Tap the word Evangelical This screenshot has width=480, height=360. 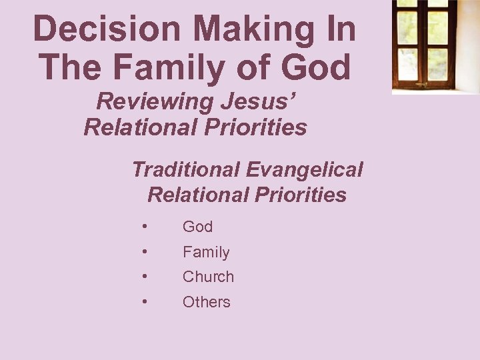(304, 170)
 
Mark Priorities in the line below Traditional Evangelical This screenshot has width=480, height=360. (301, 195)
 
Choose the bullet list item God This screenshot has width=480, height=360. (197, 227)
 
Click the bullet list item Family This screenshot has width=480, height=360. (206, 252)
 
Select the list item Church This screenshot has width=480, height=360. (208, 277)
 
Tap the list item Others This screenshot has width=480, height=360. (206, 302)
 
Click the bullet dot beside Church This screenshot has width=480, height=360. (145, 277)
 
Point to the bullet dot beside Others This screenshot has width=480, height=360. (145, 301)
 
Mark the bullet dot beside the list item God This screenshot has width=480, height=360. (145, 227)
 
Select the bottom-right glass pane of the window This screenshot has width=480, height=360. (438, 63)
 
